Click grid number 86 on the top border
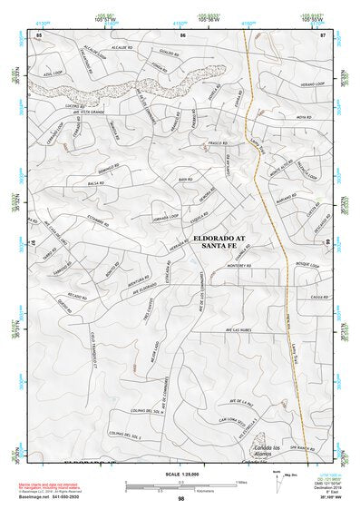pos(183,34)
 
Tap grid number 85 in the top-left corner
pos(39,34)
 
